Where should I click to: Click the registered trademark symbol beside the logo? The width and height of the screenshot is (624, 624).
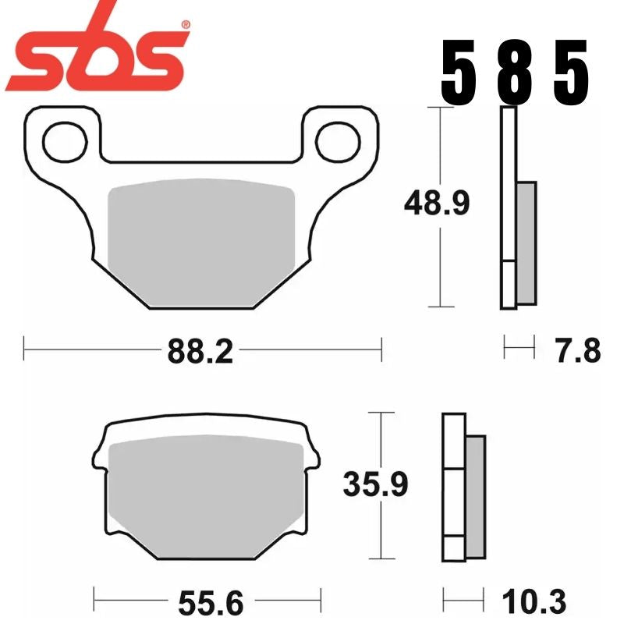[x=185, y=26]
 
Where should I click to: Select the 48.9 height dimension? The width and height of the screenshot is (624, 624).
[x=436, y=204]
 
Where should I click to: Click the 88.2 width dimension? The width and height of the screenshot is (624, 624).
[x=200, y=352]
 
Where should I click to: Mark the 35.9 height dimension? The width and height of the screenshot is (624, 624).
[x=376, y=484]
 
